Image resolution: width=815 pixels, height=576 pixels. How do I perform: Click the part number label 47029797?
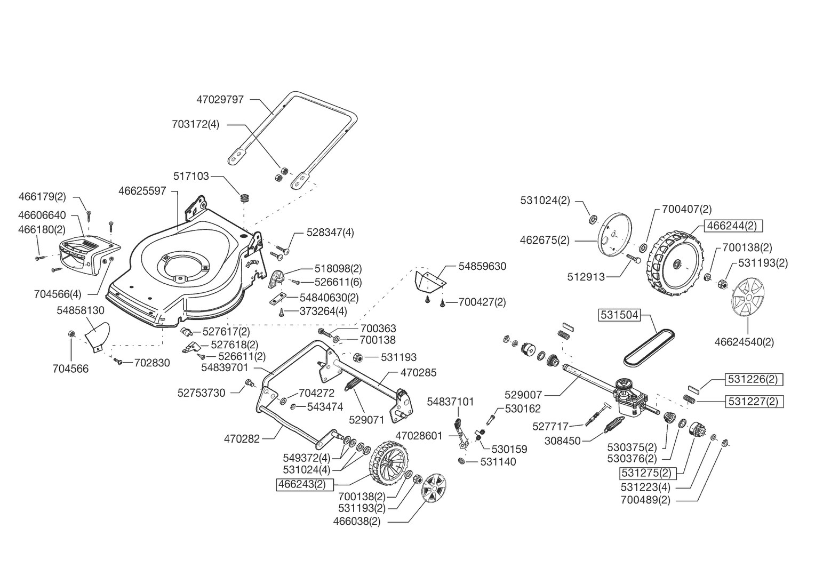(x=220, y=99)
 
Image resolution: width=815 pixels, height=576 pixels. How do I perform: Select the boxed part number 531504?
(x=619, y=315)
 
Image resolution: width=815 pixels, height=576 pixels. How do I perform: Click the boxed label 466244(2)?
(x=733, y=226)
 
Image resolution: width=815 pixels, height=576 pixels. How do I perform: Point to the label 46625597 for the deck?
(x=142, y=190)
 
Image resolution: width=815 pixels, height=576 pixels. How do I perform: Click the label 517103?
(x=191, y=176)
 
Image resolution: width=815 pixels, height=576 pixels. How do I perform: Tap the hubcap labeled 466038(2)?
(x=433, y=489)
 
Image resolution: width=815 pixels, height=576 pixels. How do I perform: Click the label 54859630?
(x=482, y=266)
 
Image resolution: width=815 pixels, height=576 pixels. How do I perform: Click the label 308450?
(x=563, y=441)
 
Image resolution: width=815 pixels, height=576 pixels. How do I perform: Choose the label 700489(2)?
(x=645, y=500)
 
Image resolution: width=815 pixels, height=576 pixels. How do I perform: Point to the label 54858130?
(x=81, y=310)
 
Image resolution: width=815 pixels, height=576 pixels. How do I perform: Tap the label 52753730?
(x=202, y=393)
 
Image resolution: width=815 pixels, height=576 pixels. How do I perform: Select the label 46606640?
(x=42, y=215)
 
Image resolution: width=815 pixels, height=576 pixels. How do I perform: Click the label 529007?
(x=523, y=395)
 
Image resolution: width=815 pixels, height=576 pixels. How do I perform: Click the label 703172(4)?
(x=196, y=124)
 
